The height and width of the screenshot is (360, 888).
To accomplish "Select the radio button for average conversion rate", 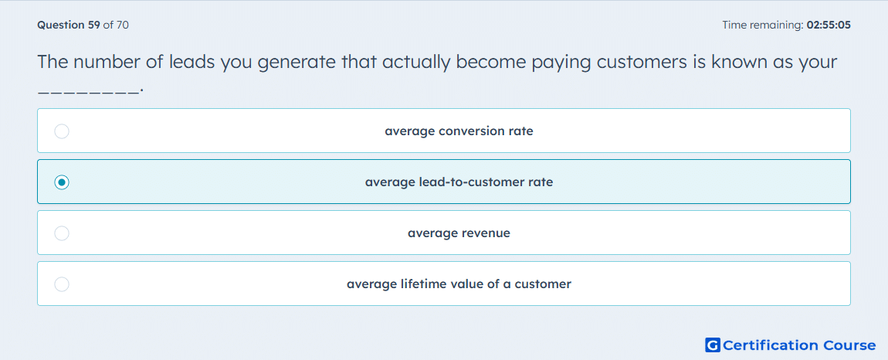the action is tap(62, 131).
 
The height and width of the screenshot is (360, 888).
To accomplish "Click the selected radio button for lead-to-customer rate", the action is tap(62, 182).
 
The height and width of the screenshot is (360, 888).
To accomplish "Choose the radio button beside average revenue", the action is tap(62, 233).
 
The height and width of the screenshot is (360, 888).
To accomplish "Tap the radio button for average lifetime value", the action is tap(62, 284).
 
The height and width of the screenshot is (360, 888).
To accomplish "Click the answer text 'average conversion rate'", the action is tap(459, 131).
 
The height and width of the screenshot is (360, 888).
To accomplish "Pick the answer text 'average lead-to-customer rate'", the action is tap(459, 182).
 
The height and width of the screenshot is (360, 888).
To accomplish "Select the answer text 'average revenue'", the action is tap(459, 233).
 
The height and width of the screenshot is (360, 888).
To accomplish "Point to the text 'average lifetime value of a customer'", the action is tap(459, 284).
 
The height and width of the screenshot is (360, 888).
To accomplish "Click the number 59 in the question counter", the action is tap(94, 25).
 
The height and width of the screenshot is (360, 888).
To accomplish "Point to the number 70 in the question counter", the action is tap(122, 25).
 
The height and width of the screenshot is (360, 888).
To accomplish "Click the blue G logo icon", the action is tap(713, 345).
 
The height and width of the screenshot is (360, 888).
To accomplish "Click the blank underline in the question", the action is tap(88, 90).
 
